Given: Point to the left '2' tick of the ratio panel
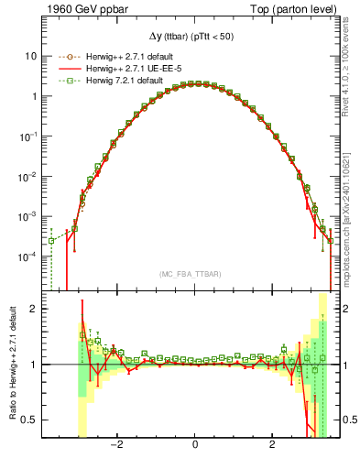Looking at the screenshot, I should (x=34, y=309).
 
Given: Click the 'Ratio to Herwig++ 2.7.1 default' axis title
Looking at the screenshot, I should (x=11, y=366).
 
